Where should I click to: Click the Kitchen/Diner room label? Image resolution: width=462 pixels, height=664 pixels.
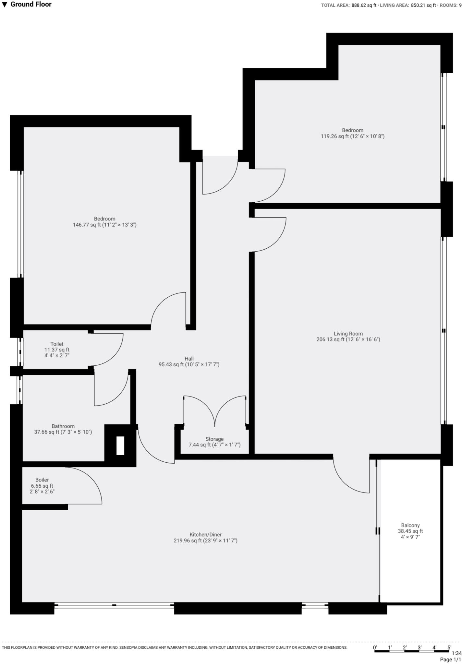(205, 535)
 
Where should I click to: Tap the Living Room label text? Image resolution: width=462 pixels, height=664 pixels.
(348, 334)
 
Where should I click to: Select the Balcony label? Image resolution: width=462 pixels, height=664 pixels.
(410, 525)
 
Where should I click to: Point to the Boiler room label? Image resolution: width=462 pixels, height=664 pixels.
(42, 480)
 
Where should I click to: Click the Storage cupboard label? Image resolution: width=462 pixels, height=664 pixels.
(214, 439)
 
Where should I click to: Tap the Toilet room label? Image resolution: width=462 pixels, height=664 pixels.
(57, 344)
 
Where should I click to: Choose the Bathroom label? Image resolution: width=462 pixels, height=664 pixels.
(63, 426)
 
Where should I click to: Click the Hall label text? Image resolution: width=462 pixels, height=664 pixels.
(189, 359)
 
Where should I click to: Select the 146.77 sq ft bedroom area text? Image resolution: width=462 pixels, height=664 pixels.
(104, 225)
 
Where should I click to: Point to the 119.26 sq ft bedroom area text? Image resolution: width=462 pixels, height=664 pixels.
(352, 136)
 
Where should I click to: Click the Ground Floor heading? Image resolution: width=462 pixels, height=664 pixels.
(31, 5)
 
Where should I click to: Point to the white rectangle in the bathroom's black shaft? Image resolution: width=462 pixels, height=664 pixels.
(120, 445)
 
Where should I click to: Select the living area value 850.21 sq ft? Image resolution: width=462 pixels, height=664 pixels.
(423, 5)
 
